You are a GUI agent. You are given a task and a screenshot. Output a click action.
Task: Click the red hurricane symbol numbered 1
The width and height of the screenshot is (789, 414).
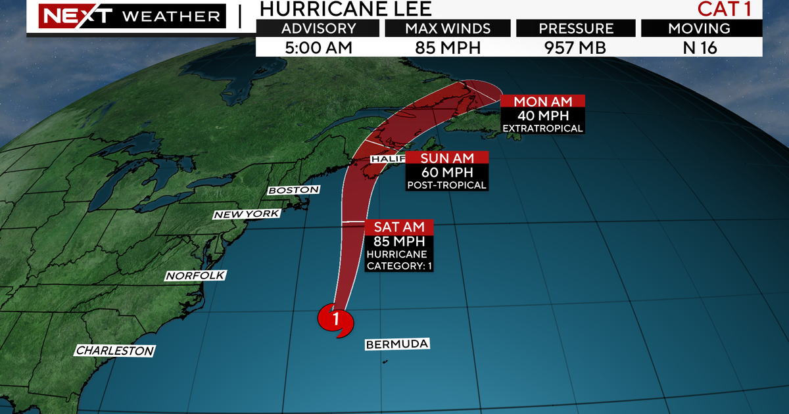[335, 320]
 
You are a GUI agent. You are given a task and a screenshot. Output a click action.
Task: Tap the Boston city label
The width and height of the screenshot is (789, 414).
[293, 190]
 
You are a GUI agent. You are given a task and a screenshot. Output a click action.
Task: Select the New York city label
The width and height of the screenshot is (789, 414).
[247, 214]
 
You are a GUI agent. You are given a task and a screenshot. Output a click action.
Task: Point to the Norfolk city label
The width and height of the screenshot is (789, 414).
[195, 276]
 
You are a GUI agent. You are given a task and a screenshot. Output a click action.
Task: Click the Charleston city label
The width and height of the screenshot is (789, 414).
[115, 351]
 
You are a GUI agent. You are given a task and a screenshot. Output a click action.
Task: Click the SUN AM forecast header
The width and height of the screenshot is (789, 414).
[446, 158]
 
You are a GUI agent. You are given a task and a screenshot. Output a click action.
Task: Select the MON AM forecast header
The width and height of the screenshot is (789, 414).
[542, 102]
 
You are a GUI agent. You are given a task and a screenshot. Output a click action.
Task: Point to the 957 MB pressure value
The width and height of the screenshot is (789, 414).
[575, 48]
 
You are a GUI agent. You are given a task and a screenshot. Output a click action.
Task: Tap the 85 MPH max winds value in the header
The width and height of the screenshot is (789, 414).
[447, 48]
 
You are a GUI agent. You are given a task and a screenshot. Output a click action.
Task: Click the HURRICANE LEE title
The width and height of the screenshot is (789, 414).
[346, 9]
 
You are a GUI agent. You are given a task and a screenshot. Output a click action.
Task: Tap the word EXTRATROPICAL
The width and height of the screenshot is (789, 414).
[542, 128]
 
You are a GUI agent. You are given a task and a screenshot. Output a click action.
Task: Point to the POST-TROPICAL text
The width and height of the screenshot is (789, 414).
[446, 185]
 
